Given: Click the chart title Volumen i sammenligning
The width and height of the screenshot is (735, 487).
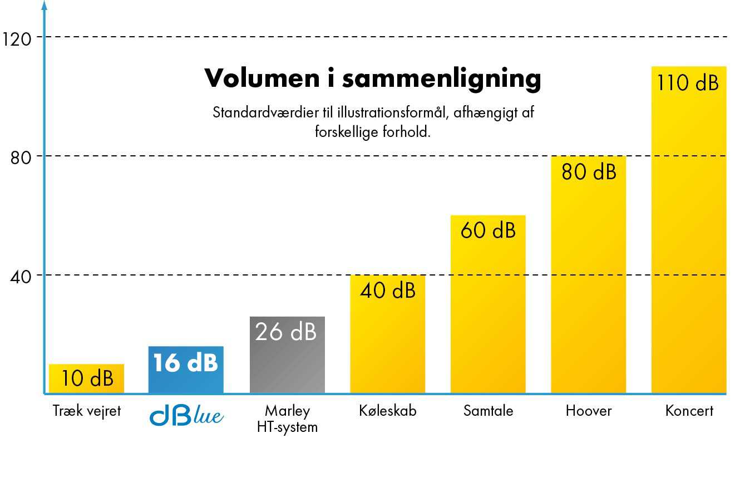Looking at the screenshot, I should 373,78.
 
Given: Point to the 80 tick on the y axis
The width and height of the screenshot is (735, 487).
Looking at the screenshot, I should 20,158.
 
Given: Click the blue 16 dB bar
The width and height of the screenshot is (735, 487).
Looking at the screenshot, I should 186,370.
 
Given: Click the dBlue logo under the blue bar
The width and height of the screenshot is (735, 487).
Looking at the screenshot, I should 186,415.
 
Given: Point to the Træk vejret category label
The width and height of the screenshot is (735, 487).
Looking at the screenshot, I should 87,411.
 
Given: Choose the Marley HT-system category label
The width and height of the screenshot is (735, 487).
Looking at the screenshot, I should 287,419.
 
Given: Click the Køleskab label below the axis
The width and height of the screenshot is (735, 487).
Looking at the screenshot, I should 388,411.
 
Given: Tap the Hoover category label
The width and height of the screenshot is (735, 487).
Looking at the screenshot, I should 588,411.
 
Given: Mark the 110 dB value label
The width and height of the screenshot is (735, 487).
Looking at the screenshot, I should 688,83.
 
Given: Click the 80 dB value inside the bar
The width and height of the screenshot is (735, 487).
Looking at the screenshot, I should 589,172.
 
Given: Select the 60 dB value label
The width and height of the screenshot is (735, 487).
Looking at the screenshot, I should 488,230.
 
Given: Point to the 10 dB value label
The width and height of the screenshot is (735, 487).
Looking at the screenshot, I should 87,378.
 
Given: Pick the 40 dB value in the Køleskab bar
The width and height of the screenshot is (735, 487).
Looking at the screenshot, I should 388,291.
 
